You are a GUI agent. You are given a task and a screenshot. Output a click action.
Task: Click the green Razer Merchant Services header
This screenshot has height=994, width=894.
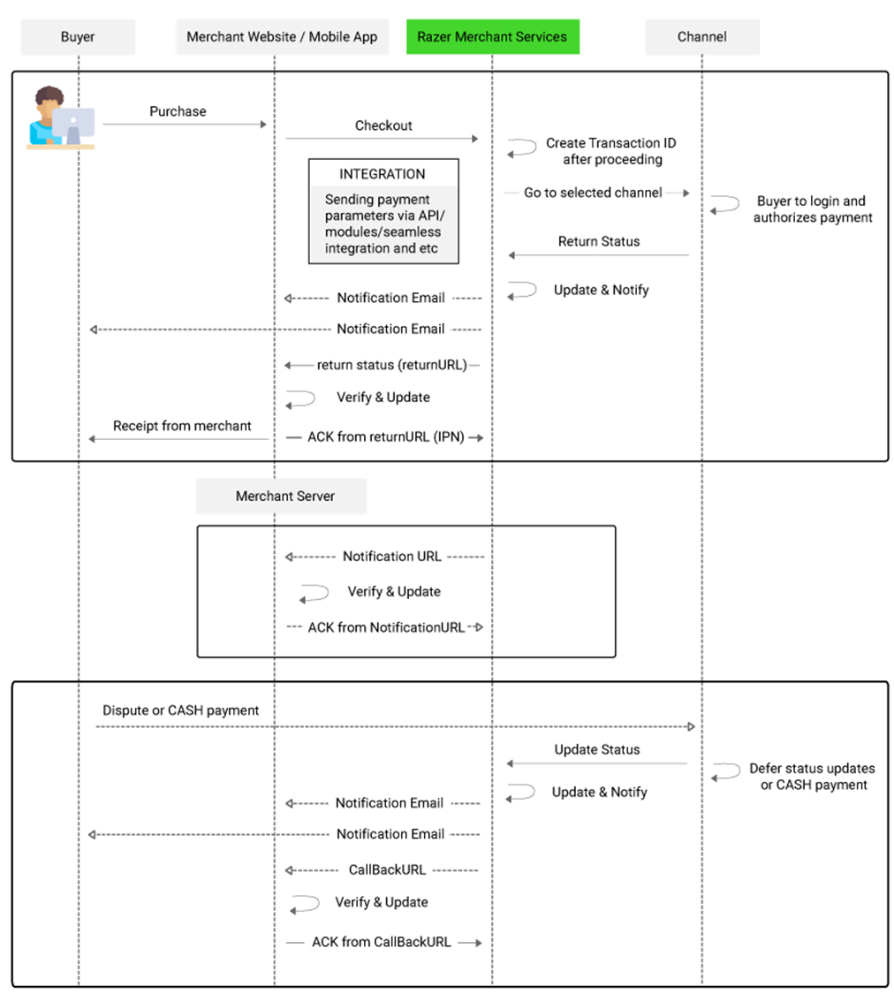pyautogui.click(x=492, y=37)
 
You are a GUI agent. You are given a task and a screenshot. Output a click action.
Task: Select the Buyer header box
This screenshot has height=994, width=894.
pyautogui.click(x=78, y=37)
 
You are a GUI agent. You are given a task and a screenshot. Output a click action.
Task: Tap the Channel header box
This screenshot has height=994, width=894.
pyautogui.click(x=702, y=37)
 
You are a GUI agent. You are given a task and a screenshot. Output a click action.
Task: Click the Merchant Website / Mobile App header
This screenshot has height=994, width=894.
pyautogui.click(x=282, y=37)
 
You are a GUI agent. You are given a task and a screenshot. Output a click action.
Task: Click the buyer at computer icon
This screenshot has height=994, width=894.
pyautogui.click(x=61, y=118)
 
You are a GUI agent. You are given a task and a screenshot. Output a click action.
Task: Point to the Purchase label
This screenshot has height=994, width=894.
pyautogui.click(x=178, y=111)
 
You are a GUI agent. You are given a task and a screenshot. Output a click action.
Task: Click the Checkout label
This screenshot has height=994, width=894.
pyautogui.click(x=383, y=125)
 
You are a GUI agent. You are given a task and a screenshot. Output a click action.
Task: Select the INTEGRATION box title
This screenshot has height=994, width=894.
pyautogui.click(x=382, y=174)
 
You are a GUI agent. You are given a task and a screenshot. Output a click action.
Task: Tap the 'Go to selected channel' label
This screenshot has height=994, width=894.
pyautogui.click(x=593, y=193)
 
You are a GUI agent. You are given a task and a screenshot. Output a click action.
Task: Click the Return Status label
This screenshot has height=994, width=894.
pyautogui.click(x=599, y=241)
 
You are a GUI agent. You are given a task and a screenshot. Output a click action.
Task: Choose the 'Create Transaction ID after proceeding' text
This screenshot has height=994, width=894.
pyautogui.click(x=611, y=151)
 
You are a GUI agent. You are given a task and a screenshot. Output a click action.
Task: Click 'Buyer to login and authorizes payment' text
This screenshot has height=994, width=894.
pyautogui.click(x=812, y=209)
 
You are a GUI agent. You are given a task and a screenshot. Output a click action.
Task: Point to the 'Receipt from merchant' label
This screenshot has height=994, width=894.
pyautogui.click(x=182, y=426)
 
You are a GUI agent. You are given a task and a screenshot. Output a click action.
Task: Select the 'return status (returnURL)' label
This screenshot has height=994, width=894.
pyautogui.click(x=392, y=365)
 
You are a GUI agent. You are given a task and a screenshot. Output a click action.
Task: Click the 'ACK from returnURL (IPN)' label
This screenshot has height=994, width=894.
pyautogui.click(x=386, y=436)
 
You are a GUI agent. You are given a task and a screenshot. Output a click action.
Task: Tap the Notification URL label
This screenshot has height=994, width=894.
pyautogui.click(x=392, y=557)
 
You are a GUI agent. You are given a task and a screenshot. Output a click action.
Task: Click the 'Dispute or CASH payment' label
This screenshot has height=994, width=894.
pyautogui.click(x=180, y=710)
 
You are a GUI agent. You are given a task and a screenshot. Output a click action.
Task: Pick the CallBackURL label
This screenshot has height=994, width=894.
pyautogui.click(x=387, y=869)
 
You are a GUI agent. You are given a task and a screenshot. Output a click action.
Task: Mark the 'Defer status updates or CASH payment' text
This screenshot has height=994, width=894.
pyautogui.click(x=813, y=777)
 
